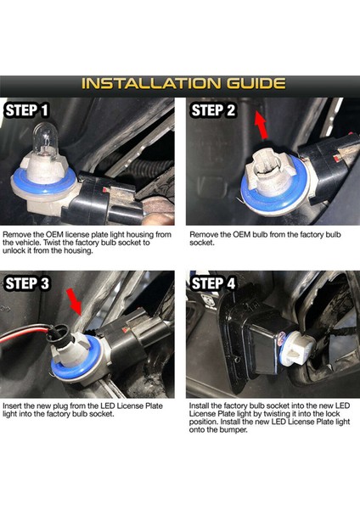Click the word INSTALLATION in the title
pos(151,83)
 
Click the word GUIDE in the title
pos(256,83)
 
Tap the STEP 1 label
pos(27,110)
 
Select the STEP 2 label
pos(213,110)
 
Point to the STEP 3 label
pos(27,283)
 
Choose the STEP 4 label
pos(213,283)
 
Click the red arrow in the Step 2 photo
pos(262,125)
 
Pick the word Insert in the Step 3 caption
pos(13,406)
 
